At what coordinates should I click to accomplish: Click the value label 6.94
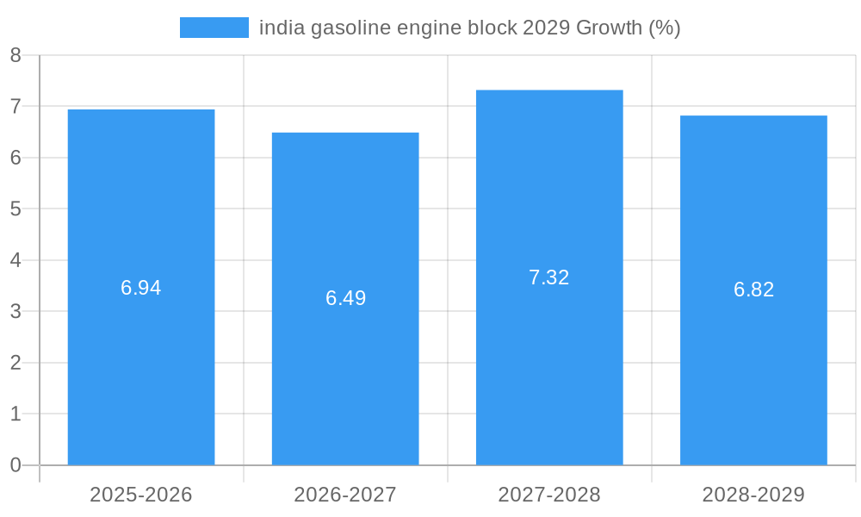pyautogui.click(x=141, y=288)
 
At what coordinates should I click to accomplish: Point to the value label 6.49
pyautogui.click(x=345, y=298)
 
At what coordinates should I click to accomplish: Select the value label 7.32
pyautogui.click(x=549, y=277)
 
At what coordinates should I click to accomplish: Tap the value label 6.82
pyautogui.click(x=753, y=290)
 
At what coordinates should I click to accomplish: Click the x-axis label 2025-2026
pyautogui.click(x=141, y=495)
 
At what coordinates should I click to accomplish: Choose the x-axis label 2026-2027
pyautogui.click(x=345, y=495)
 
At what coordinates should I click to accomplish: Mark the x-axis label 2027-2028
pyautogui.click(x=549, y=495)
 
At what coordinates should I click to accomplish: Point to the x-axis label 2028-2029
pyautogui.click(x=753, y=495)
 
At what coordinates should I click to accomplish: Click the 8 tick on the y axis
pyautogui.click(x=15, y=55)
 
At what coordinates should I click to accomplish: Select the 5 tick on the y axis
pyautogui.click(x=15, y=209)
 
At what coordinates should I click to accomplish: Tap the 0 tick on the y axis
pyautogui.click(x=15, y=465)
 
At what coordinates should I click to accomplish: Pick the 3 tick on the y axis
pyautogui.click(x=15, y=311)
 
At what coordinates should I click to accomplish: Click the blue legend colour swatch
pyautogui.click(x=214, y=28)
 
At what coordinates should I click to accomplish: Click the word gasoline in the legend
pyautogui.click(x=350, y=28)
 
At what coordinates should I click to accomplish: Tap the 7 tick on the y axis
pyautogui.click(x=15, y=106)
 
